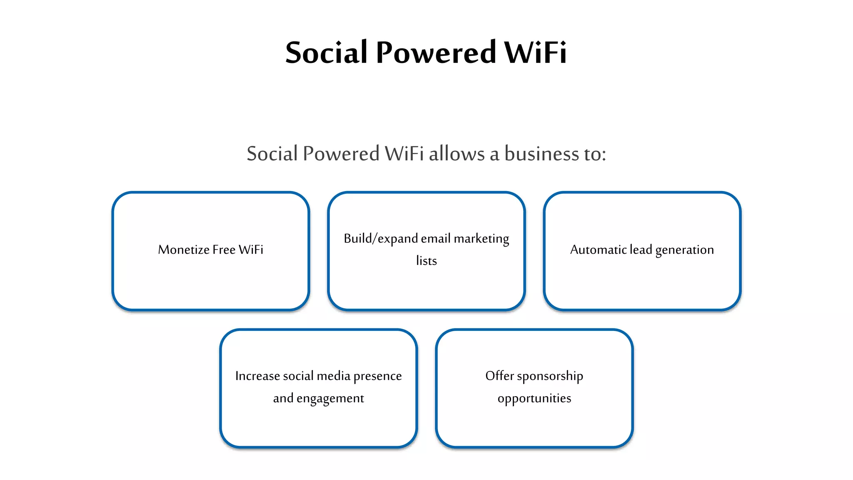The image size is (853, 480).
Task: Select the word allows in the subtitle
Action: coord(457,154)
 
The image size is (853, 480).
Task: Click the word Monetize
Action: coord(184,250)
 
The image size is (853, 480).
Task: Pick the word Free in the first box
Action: coord(224,250)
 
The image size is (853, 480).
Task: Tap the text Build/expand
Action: coord(381,239)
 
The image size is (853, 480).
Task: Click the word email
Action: coord(436,239)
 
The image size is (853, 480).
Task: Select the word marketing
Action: coord(481,239)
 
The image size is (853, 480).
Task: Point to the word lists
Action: coord(426,261)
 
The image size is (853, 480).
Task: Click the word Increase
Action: coord(257,376)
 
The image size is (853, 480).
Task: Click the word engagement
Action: coord(330,399)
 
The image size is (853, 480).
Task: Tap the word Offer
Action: coord(499,376)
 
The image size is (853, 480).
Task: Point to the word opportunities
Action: coord(534,399)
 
